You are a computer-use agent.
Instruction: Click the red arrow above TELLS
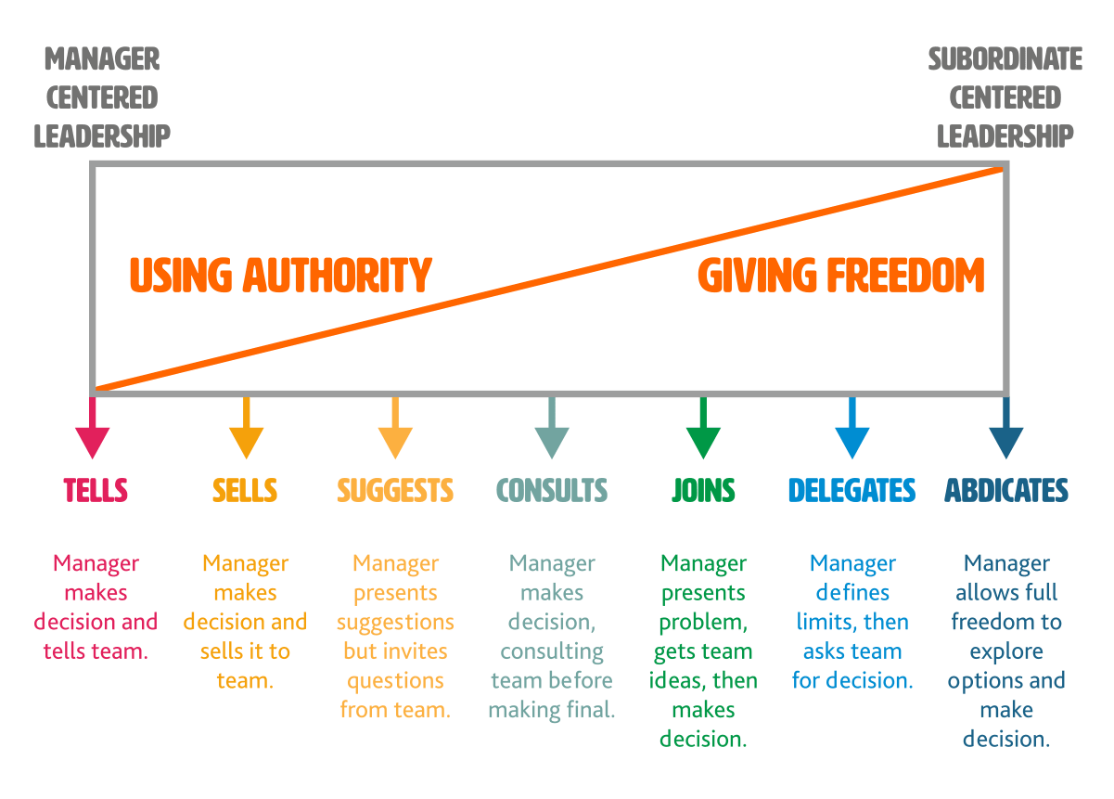point(92,432)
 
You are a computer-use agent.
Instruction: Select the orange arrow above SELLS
point(246,432)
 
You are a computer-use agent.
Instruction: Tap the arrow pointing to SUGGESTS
point(395,432)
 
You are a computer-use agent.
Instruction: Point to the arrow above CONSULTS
point(552,432)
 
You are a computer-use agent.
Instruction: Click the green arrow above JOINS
point(703,432)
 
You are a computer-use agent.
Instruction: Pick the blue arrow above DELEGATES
point(852,432)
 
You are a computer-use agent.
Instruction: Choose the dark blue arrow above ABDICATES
point(1005,432)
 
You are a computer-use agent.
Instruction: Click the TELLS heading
point(95,490)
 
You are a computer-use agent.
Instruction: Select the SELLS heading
point(245,490)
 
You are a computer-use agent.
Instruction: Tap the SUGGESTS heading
point(395,490)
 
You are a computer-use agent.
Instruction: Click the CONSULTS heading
point(552,490)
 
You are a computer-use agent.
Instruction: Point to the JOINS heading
point(703,490)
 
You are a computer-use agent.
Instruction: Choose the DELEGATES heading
point(852,490)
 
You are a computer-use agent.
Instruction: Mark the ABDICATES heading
point(1006,490)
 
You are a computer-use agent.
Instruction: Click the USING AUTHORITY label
point(280,276)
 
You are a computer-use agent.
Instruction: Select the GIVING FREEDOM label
point(840,276)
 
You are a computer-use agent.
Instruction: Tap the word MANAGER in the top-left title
point(101,60)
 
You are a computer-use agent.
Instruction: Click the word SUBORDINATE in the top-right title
point(1005,60)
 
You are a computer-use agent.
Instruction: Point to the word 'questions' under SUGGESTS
point(395,681)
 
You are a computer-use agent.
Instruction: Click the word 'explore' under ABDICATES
point(1006,651)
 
